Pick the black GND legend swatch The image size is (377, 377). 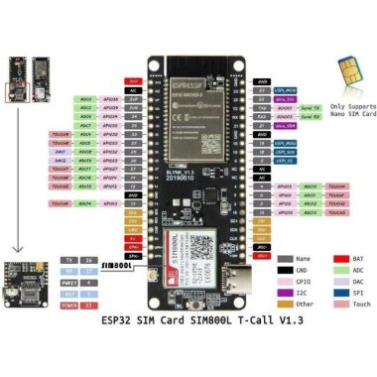pyautogui.click(x=286, y=267)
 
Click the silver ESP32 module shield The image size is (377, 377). pyautogui.click(x=198, y=90)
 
